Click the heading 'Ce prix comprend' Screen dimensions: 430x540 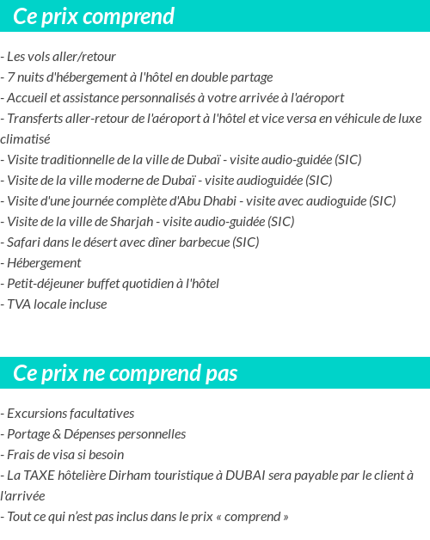point(94,16)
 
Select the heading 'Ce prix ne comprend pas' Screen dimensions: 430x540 point(126,374)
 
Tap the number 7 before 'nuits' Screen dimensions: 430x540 point(10,77)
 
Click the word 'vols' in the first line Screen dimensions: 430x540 point(43,57)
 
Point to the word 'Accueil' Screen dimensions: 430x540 point(28,98)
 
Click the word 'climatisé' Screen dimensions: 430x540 point(26,139)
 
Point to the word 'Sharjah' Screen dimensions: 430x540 point(131,222)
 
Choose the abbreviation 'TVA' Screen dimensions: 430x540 point(19,304)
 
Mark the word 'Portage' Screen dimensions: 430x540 point(28,434)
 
